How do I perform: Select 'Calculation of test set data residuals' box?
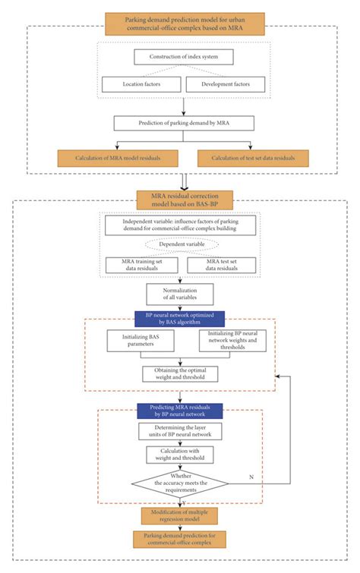[x=252, y=157]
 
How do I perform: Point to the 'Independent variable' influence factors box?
[x=180, y=225]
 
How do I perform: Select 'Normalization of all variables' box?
[x=180, y=294]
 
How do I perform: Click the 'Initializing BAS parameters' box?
[x=139, y=341]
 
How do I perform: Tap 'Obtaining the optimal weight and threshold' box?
[x=180, y=373]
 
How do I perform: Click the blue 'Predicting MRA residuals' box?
[x=180, y=411]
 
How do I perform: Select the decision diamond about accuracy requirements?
[x=180, y=483]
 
